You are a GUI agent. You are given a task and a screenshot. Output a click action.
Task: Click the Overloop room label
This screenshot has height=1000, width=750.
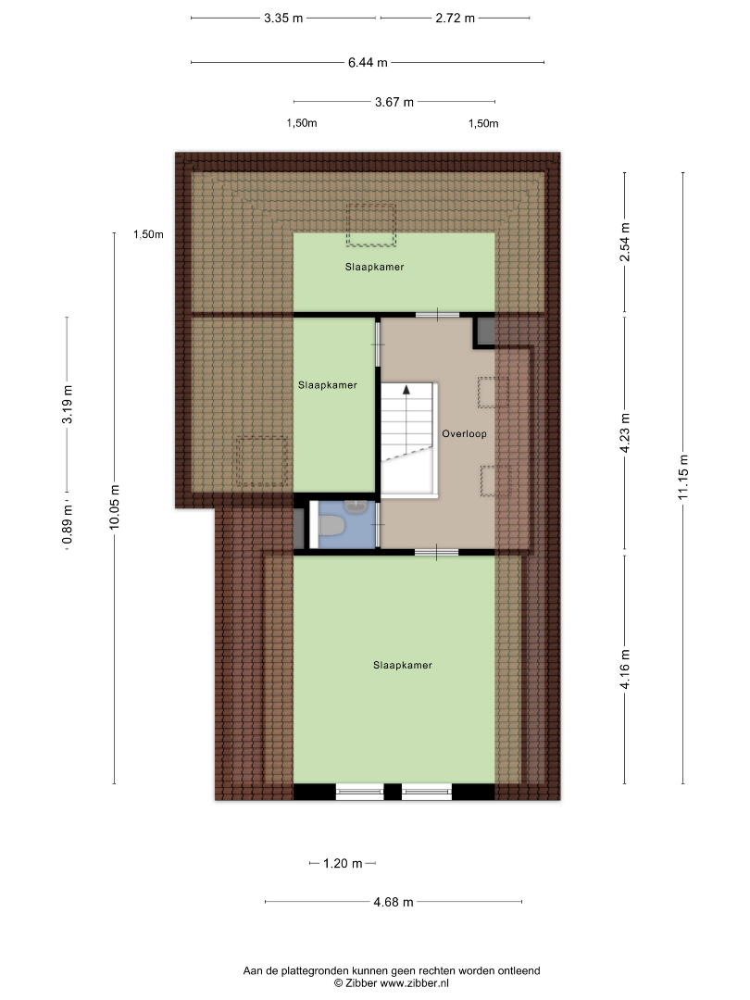click(464, 433)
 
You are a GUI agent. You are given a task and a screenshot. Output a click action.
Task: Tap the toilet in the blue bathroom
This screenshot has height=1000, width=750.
click(331, 526)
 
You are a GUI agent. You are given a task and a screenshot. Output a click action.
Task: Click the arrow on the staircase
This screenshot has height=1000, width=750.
click(406, 390)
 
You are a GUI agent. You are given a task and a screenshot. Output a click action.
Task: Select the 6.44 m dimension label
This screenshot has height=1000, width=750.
click(368, 63)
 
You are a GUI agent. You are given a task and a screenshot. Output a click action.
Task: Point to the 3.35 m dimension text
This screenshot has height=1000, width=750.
click(284, 18)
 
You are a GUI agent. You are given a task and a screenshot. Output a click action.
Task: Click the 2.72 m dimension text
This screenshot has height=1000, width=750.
click(456, 18)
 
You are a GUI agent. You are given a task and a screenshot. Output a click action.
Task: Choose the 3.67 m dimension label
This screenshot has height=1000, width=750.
click(394, 102)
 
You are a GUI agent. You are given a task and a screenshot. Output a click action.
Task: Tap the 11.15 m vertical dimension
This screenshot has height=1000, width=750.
click(683, 477)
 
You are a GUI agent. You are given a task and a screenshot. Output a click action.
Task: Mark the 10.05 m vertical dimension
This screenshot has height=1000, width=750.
click(114, 507)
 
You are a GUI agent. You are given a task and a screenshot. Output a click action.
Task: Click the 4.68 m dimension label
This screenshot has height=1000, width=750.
click(394, 902)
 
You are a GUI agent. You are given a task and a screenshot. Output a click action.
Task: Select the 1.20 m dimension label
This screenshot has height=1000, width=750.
click(343, 864)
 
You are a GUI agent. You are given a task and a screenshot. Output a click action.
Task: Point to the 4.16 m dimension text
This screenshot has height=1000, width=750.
click(625, 669)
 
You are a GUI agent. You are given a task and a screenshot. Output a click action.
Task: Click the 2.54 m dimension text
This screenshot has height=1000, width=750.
click(625, 242)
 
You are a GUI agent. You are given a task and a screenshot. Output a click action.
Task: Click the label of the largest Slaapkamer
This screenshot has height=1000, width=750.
click(403, 665)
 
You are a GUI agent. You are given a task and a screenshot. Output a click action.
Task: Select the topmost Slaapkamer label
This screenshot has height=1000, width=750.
click(374, 268)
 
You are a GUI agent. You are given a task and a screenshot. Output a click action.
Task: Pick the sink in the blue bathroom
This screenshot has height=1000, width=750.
click(355, 506)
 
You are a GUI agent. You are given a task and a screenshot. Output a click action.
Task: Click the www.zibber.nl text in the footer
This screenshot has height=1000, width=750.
click(415, 983)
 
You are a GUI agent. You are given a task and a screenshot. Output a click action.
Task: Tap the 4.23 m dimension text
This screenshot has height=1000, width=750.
click(625, 433)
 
